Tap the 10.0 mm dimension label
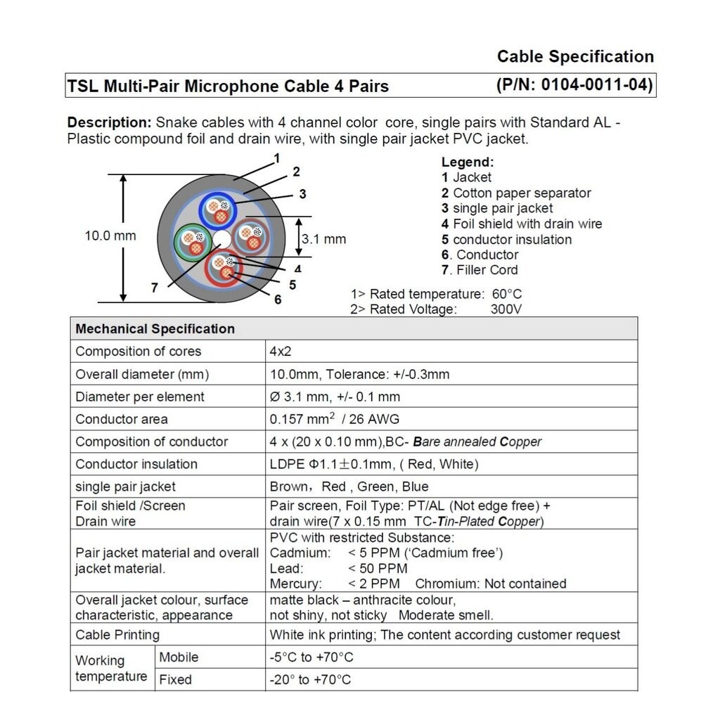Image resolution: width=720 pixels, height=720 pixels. point(110,236)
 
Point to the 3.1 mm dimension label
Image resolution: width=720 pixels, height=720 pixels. point(324,239)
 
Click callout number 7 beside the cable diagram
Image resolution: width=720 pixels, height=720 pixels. point(155,287)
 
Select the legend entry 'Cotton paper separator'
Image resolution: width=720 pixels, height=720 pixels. point(522,193)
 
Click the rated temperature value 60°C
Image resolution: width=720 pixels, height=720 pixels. point(506,294)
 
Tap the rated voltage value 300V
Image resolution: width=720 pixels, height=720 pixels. point(506,309)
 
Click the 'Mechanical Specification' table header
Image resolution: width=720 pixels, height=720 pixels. point(155,329)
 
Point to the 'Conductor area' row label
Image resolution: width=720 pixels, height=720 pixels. point(122,419)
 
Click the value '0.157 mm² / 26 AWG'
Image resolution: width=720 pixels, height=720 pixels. point(335,419)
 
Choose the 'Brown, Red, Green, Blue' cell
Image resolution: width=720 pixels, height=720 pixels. point(349,487)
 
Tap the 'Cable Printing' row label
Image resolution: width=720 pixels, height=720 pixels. point(117,635)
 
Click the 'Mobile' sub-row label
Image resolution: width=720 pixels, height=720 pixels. point(179,657)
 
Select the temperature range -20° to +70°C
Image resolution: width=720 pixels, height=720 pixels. point(310,680)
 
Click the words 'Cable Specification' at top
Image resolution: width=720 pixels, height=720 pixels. point(575,56)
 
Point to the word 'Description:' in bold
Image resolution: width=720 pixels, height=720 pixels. point(109,122)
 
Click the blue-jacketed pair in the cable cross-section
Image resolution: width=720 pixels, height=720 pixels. point(217,208)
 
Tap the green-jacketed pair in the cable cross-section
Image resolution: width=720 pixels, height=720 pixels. point(191,242)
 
